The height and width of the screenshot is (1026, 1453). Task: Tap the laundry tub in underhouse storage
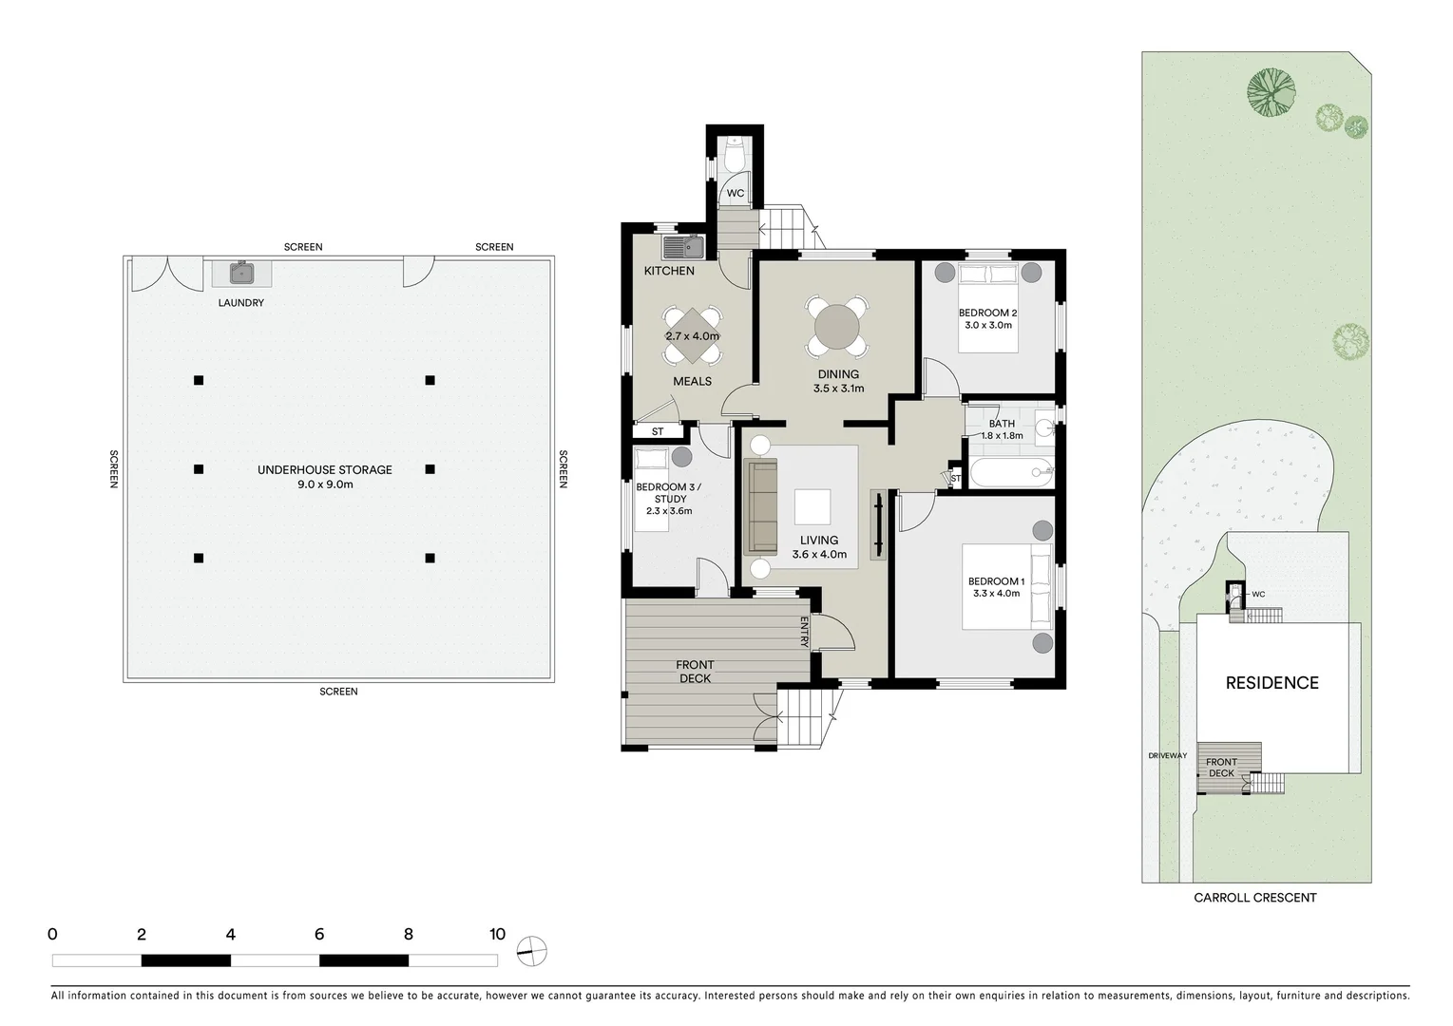click(x=242, y=274)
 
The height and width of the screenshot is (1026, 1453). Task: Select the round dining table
click(x=837, y=328)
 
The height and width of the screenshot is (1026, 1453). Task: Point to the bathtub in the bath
click(x=1009, y=472)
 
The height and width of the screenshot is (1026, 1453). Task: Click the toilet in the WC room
click(x=735, y=156)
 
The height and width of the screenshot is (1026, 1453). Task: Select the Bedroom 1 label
click(x=996, y=581)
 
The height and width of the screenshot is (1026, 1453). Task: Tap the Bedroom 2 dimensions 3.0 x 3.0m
click(x=988, y=325)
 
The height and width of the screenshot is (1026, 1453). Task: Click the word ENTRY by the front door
click(x=804, y=633)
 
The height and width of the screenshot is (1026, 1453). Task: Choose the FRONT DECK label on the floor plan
click(x=695, y=672)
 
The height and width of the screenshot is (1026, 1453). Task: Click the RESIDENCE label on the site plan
click(x=1271, y=683)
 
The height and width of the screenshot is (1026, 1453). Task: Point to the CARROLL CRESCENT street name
click(x=1254, y=898)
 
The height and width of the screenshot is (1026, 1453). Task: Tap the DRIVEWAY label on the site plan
click(x=1167, y=756)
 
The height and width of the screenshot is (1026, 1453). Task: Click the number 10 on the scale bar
click(x=497, y=935)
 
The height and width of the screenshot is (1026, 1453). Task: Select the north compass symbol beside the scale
click(x=532, y=950)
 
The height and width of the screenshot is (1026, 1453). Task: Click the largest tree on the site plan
click(x=1271, y=92)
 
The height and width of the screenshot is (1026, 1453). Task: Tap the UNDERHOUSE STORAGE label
click(x=324, y=469)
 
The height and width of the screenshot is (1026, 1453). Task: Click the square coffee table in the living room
click(x=812, y=506)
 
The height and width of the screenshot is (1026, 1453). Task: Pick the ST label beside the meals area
click(x=658, y=432)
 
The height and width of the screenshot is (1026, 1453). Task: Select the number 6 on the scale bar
click(x=319, y=935)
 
